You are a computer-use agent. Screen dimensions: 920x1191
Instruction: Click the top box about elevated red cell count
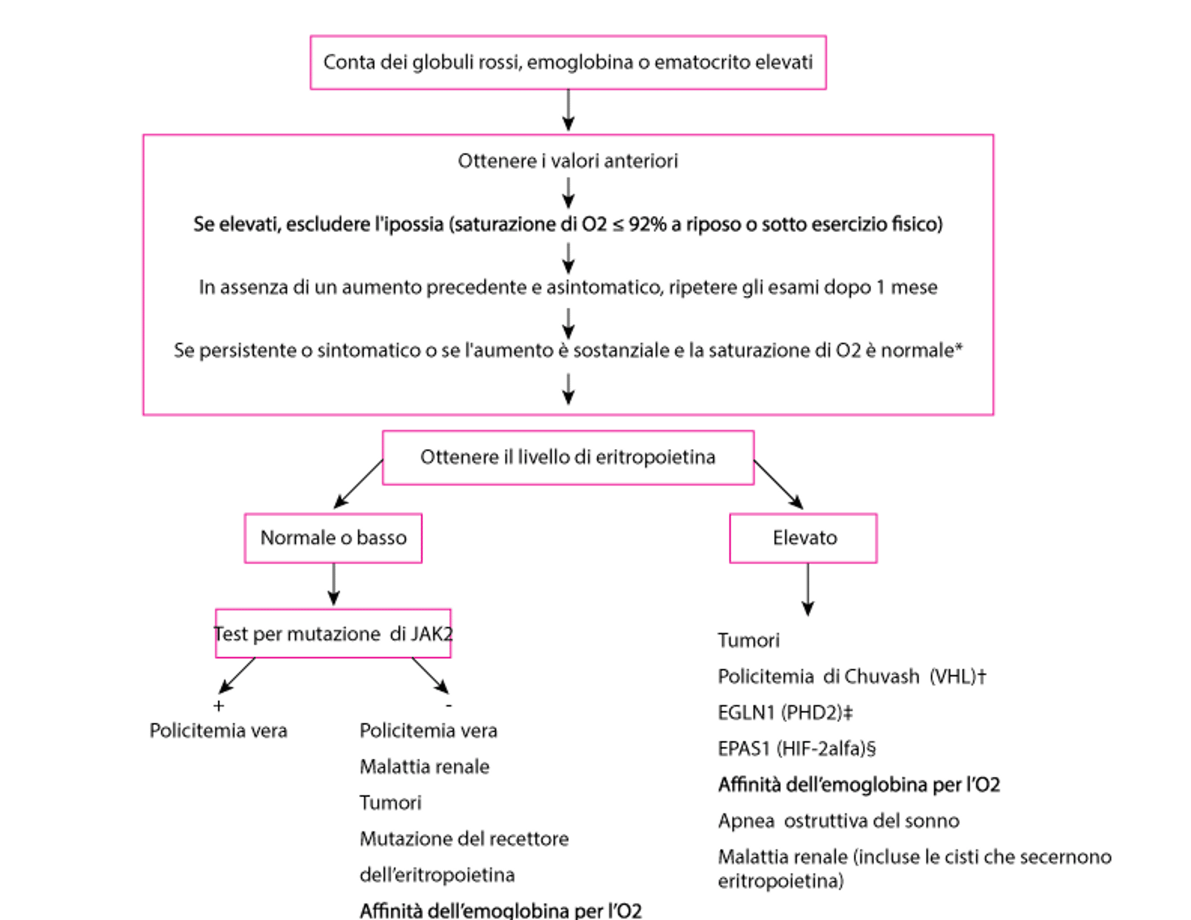(568, 63)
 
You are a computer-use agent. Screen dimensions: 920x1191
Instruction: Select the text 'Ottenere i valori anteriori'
(568, 161)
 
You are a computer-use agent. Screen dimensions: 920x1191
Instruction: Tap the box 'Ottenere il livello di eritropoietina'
(568, 457)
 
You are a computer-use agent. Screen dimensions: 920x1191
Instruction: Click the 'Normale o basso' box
(334, 538)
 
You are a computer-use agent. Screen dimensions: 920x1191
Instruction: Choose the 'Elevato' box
(805, 538)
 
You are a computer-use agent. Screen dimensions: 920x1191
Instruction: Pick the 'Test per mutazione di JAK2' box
(334, 634)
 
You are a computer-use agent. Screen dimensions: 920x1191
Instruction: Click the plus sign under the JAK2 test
(218, 706)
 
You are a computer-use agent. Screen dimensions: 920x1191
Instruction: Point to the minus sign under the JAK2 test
(448, 706)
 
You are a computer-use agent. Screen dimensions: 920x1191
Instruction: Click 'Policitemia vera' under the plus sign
(218, 731)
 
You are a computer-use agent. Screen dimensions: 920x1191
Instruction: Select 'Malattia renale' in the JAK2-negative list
(426, 767)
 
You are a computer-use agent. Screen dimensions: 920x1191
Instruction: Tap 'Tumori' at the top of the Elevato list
(749, 640)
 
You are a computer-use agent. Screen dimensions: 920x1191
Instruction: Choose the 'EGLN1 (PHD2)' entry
(785, 713)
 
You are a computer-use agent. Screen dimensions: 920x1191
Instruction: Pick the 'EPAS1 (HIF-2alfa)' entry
(797, 749)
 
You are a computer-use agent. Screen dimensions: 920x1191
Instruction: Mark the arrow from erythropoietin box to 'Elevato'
(780, 485)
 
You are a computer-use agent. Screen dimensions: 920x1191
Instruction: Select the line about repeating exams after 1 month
(568, 288)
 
